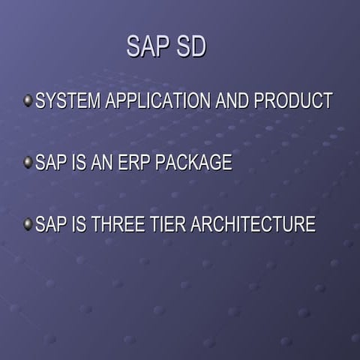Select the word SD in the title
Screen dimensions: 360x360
tap(190, 46)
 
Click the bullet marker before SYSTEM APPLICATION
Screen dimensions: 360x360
tap(28, 100)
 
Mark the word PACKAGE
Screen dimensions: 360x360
tap(193, 163)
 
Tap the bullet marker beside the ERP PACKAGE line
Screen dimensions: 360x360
tap(28, 163)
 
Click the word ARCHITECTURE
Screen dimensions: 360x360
tap(255, 224)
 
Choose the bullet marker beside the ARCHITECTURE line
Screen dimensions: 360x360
tap(28, 224)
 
